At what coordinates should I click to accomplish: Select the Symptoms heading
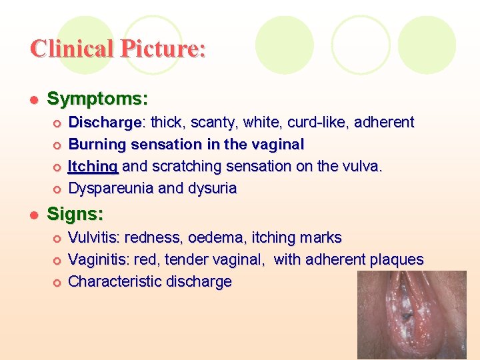point(97,99)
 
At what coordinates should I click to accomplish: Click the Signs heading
point(75,215)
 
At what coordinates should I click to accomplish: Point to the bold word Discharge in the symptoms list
point(105,123)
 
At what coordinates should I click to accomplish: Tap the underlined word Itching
point(93,166)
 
